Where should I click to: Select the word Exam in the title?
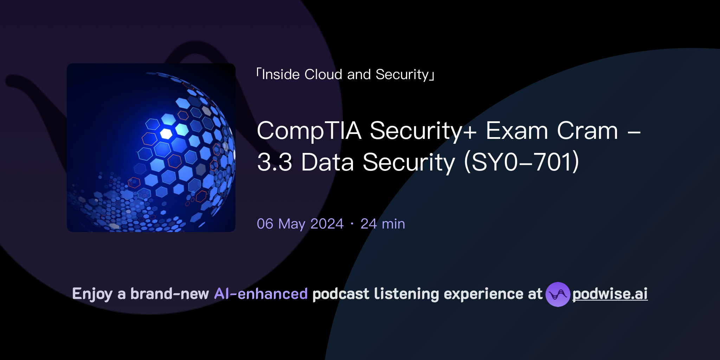pos(517,131)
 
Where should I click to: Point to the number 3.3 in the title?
pos(275,162)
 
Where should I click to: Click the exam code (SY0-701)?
pos(521,162)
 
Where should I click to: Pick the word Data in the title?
pos(327,162)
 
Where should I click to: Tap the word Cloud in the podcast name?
pos(323,75)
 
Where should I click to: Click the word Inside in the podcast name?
pos(281,75)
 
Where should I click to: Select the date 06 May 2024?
pos(300,224)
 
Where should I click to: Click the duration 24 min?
pos(382,224)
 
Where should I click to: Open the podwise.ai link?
pos(610,294)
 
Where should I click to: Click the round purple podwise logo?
pos(558,294)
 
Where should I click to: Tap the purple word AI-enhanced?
pos(261,294)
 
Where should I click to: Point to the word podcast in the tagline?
pos(341,294)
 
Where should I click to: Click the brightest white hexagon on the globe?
pos(166,134)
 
